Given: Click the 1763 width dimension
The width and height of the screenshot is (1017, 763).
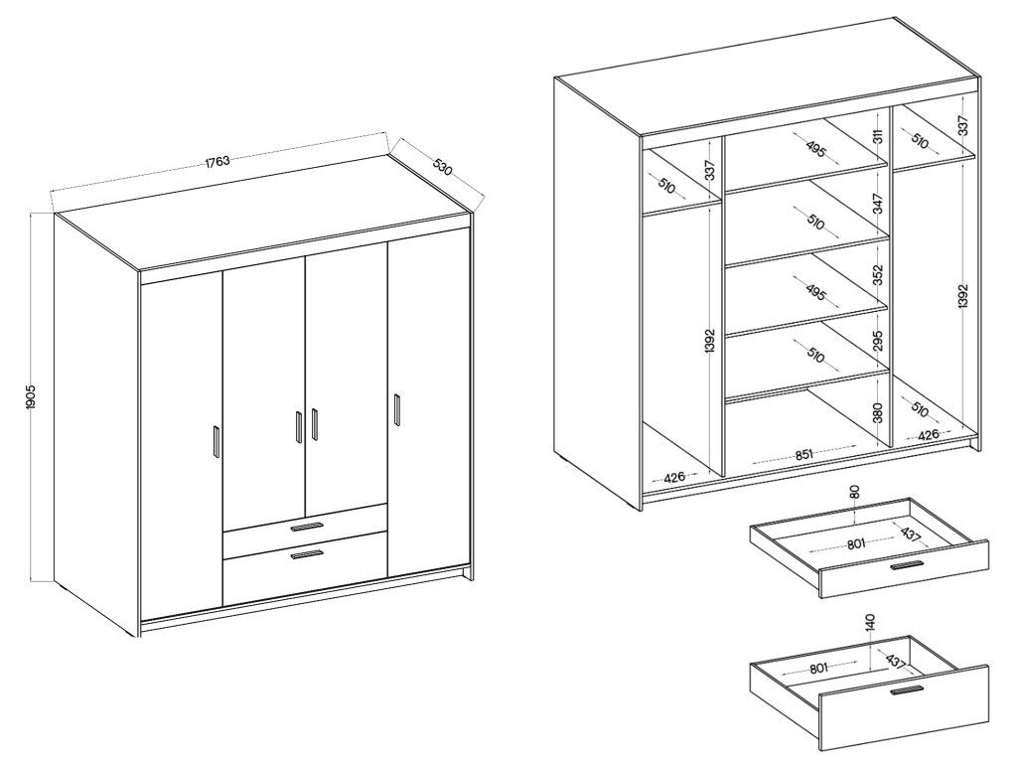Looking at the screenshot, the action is coord(218,162).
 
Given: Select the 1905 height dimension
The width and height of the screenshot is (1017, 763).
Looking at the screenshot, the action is coord(31,396).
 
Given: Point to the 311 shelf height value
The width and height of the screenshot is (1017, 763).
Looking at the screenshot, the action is coord(878,136).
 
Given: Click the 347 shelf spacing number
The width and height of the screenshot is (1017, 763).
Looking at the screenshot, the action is coord(878,204).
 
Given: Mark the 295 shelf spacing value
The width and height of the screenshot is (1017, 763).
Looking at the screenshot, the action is coord(878,340).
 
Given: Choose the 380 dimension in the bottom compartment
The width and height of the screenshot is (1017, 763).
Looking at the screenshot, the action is coord(878,412).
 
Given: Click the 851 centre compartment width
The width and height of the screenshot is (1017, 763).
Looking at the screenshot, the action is coord(803,455).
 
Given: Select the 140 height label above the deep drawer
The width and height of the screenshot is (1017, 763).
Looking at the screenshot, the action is coord(870,623).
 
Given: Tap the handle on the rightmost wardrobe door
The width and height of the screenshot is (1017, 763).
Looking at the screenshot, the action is coord(396,408).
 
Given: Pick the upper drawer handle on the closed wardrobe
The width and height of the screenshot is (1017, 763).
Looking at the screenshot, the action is coord(306,526).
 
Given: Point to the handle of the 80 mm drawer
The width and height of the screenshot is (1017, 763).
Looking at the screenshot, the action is coord(907,565).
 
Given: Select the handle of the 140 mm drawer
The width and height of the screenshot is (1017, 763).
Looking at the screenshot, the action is coord(907,689).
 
